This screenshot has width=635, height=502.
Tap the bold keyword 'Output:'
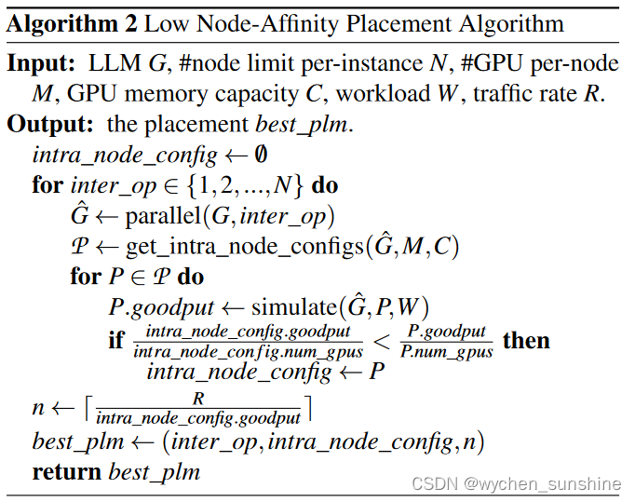coord(51,123)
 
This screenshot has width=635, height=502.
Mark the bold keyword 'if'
coord(117,341)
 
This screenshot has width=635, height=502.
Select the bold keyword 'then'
coord(526,341)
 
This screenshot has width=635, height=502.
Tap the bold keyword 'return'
coord(67,471)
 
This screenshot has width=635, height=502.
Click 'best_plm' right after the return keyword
coord(155,471)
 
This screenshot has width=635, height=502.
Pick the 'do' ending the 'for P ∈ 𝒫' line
coord(191,278)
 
